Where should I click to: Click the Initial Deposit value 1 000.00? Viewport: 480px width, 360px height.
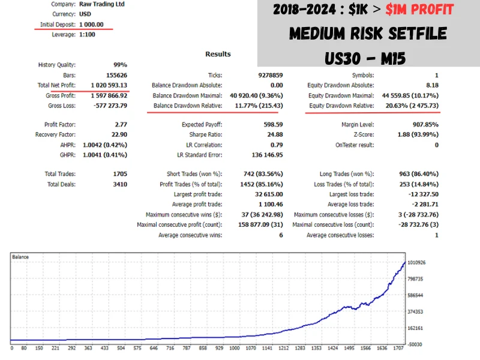[x=91, y=24]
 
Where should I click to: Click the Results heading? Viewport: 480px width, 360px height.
[x=218, y=54]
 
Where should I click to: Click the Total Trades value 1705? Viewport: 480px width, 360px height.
[x=119, y=174]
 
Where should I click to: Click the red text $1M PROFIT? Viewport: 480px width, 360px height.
[x=419, y=10]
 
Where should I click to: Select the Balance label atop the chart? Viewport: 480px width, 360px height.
[x=20, y=257]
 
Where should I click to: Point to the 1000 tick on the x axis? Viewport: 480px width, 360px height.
[x=234, y=348]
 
